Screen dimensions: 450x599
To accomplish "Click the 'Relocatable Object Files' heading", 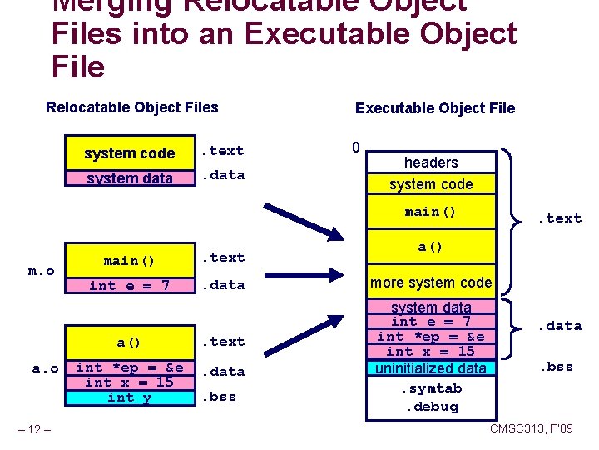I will click(131, 107).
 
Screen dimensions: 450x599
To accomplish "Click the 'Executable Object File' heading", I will click(434, 107).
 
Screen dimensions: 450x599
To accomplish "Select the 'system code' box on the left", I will click(129, 152).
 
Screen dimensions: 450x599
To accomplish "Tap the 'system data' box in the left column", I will click(129, 177).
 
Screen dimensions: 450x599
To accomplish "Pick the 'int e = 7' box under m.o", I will click(129, 285).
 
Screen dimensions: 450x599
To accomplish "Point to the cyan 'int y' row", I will click(129, 397).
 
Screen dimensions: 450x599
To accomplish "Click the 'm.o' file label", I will click(41, 271).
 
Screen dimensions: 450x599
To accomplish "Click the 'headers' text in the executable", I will click(431, 162).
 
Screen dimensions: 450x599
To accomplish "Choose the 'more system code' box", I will click(431, 282).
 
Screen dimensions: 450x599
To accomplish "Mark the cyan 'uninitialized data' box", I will click(431, 367).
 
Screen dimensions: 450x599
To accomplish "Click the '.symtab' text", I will click(430, 388).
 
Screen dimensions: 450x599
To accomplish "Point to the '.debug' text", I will click(430, 407).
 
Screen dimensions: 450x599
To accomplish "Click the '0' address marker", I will click(355, 147).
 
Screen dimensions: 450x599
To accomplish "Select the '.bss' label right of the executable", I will click(557, 367).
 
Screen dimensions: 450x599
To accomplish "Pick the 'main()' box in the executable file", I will click(431, 212).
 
